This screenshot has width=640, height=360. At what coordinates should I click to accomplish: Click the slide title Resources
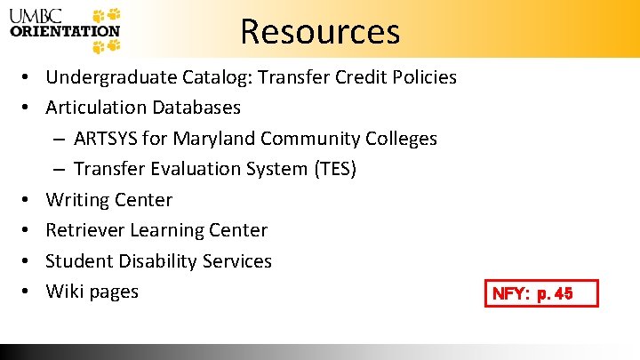pos(320,31)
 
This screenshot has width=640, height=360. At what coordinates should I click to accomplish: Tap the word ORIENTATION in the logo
pos(64,31)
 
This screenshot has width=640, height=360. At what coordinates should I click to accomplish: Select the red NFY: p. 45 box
pos(541,293)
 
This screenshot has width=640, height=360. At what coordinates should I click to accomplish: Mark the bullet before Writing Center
pos(29,200)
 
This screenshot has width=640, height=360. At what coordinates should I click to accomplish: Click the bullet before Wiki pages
pos(29,292)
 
